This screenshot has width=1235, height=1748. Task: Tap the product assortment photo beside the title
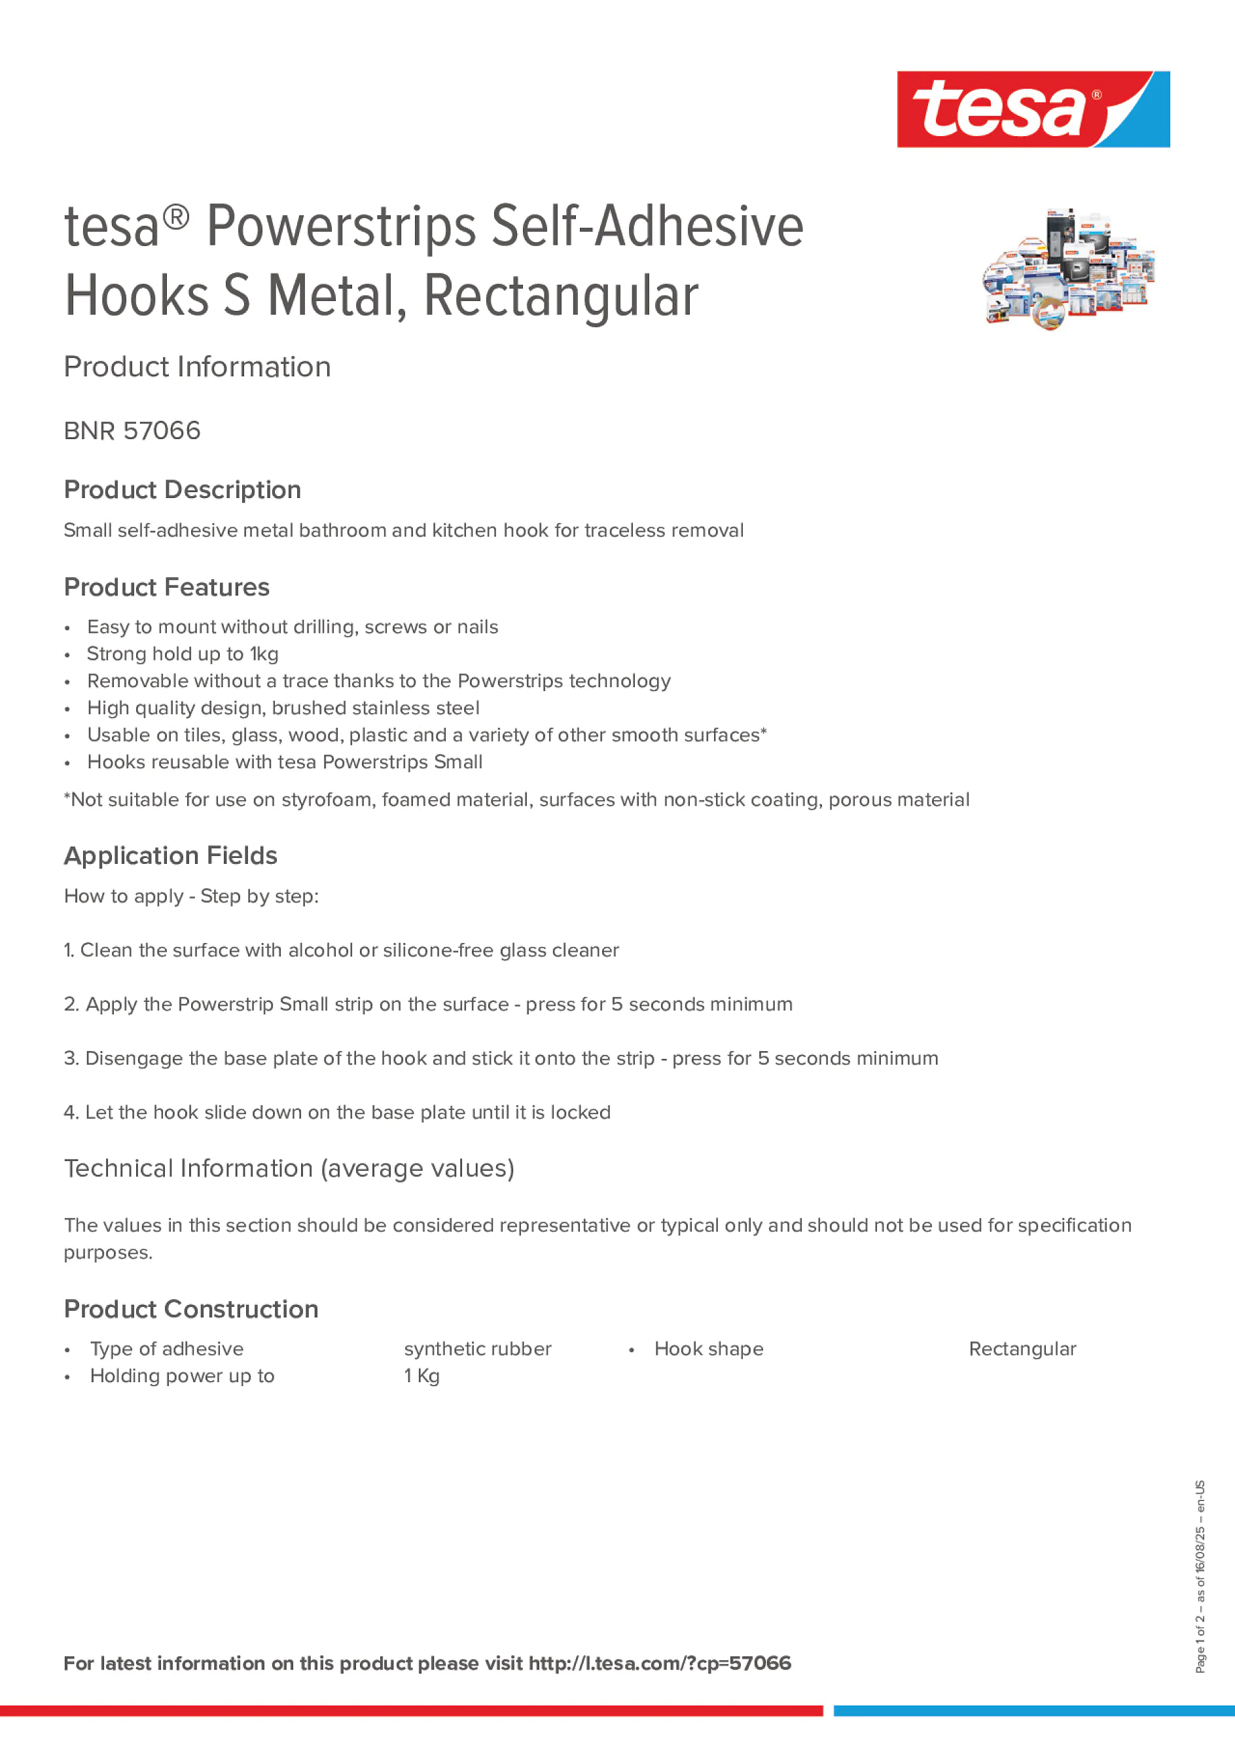coord(1069,270)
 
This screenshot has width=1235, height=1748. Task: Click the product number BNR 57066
coord(132,431)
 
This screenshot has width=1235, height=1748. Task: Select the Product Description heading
coord(182,490)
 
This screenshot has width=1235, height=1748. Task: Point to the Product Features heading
coord(166,587)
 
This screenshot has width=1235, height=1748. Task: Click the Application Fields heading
coord(171,856)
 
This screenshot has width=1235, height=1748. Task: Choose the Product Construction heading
coord(191,1309)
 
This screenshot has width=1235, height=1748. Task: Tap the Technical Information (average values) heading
coord(289,1168)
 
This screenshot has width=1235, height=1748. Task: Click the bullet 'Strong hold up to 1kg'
coord(183,654)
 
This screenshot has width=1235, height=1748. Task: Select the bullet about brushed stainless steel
coord(283,708)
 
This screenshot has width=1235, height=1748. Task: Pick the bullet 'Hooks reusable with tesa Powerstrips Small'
coord(285,762)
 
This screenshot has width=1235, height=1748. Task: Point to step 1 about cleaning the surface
coord(341,950)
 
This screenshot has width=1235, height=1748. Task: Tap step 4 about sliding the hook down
coord(336,1113)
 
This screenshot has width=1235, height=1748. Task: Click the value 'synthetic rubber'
coord(477,1349)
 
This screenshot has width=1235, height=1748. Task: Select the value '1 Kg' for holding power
coord(422,1376)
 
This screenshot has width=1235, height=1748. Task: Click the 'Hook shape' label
coord(708,1349)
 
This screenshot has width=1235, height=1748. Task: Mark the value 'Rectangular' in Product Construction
coord(1022,1349)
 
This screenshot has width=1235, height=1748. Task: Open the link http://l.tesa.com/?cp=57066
coord(659,1664)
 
